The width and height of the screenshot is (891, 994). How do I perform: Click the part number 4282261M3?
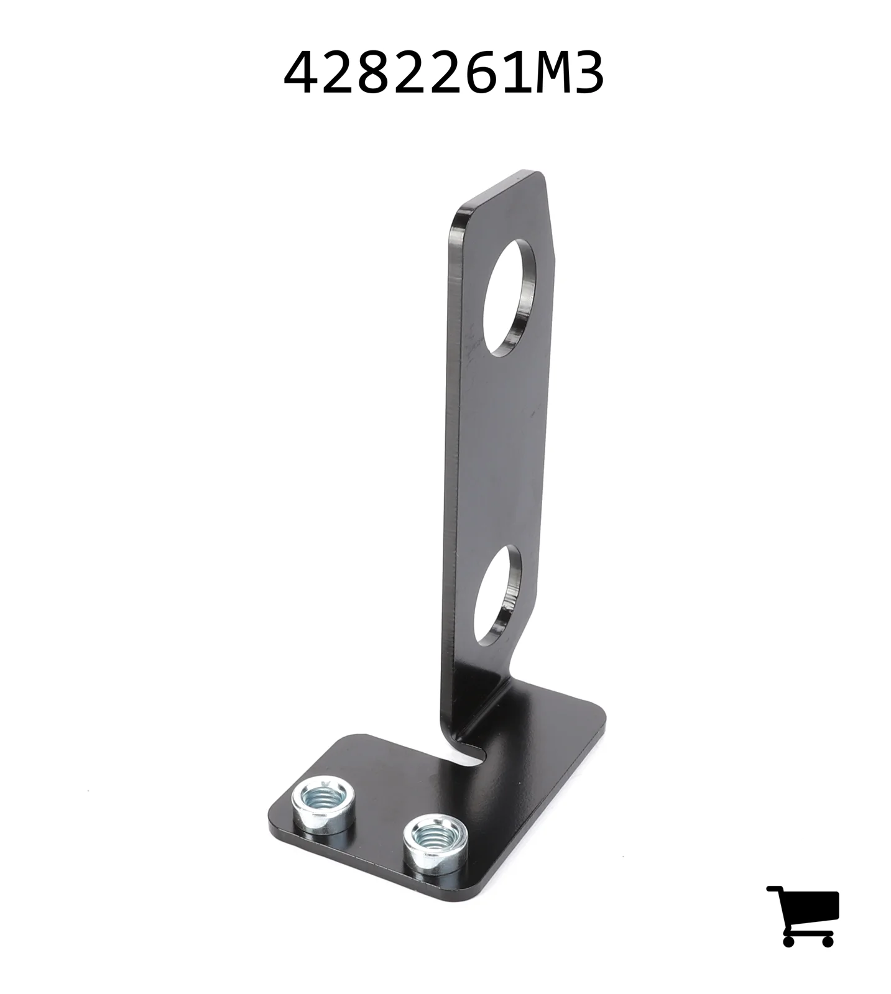(x=443, y=73)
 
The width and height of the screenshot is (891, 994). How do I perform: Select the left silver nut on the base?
(x=323, y=805)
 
